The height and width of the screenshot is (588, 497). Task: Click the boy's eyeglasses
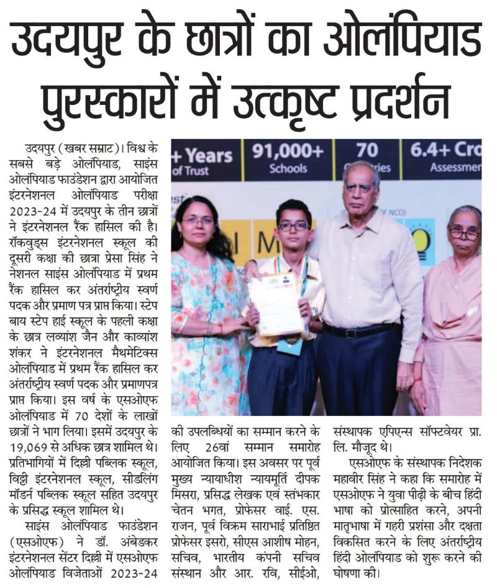293,227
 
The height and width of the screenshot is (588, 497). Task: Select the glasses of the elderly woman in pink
465,234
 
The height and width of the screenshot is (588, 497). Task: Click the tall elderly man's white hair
361,171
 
